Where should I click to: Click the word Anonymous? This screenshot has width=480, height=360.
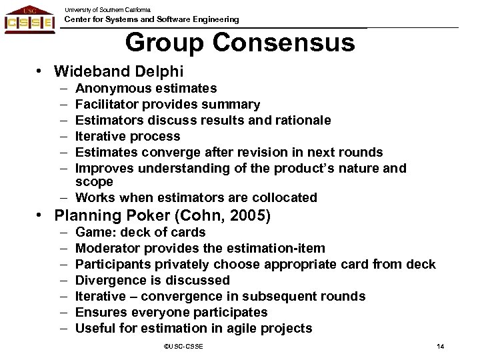coord(109,88)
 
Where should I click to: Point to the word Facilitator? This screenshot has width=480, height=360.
coord(105,105)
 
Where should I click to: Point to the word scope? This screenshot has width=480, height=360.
coord(94,181)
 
